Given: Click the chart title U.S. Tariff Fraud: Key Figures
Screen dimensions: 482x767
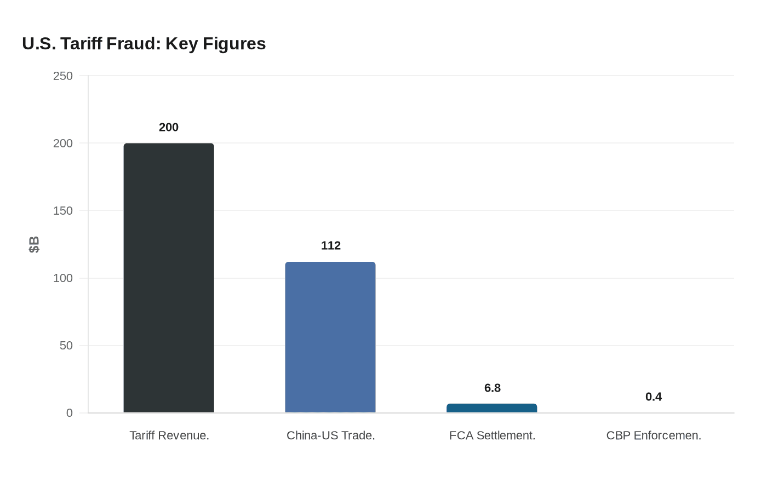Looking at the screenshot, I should click(144, 44).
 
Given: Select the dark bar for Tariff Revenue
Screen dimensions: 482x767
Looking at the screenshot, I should click(169, 278).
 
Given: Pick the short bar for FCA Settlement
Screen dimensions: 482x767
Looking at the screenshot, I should click(492, 408).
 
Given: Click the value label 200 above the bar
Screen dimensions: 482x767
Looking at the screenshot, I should click(169, 127).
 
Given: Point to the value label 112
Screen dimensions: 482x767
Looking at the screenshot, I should click(331, 245).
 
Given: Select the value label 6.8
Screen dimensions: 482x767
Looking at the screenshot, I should click(493, 388).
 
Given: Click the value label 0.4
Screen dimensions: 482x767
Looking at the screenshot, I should click(654, 397).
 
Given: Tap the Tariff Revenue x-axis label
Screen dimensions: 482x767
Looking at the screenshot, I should click(169, 435).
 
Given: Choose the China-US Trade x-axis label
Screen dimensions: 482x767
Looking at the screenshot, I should click(331, 435).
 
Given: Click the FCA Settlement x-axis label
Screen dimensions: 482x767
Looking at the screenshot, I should click(492, 435).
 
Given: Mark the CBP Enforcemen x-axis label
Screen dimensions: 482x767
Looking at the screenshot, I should click(654, 435).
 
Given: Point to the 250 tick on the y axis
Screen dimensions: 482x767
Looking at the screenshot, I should click(63, 76).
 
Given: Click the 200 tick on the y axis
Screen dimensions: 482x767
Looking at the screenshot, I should click(63, 144).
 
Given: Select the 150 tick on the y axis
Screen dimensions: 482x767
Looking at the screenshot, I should click(63, 211).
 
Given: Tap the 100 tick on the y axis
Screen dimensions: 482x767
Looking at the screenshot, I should click(63, 278).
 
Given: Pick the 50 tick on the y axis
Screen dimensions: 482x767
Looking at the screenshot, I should click(66, 346).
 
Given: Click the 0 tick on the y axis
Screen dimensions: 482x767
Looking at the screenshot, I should click(70, 413).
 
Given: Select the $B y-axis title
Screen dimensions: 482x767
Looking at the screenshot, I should click(34, 244).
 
